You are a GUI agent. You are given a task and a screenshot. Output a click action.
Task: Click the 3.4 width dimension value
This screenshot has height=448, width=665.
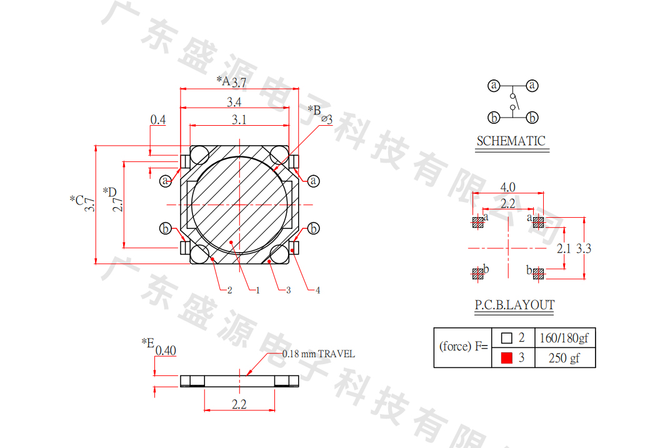pyautogui.click(x=234, y=102)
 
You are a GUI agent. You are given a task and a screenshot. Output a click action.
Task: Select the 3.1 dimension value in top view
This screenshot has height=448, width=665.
pyautogui.click(x=239, y=120)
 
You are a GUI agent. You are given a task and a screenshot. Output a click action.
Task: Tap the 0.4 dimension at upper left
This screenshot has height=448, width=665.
pyautogui.click(x=158, y=120)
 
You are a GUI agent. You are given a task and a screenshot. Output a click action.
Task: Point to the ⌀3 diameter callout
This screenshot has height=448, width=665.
pyautogui.click(x=327, y=120)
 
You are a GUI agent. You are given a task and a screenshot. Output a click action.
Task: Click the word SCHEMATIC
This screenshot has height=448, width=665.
pyautogui.click(x=511, y=141)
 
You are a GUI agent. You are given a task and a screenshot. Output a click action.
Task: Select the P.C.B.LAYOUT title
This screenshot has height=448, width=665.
pyautogui.click(x=514, y=305)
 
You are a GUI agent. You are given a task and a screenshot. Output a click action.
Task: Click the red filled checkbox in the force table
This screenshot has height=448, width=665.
pyautogui.click(x=506, y=358)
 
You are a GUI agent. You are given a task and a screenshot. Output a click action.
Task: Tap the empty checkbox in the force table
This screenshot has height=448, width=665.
pyautogui.click(x=506, y=338)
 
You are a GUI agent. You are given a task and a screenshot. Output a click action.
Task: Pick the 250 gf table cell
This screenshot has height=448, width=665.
pyautogui.click(x=564, y=358)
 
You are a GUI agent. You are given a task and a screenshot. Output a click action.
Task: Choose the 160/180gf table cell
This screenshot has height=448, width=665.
pyautogui.click(x=564, y=338)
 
